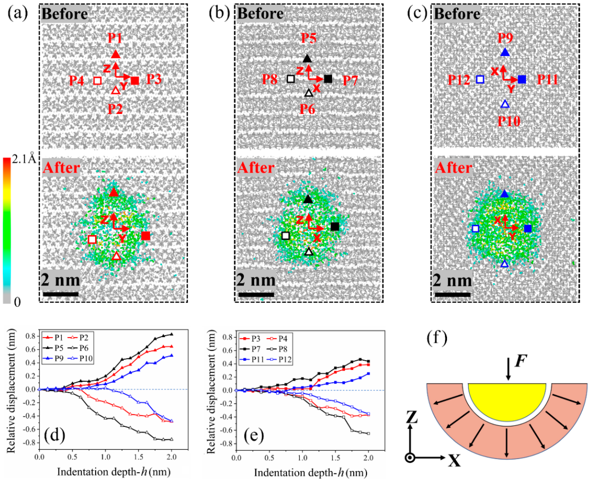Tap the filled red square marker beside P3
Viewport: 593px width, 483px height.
[x=135, y=81]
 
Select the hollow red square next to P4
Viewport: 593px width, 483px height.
[x=97, y=81]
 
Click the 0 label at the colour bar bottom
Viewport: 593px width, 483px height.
[x=17, y=302]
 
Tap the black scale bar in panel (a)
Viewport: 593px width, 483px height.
[x=61, y=294]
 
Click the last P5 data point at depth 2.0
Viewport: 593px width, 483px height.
[x=171, y=334]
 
